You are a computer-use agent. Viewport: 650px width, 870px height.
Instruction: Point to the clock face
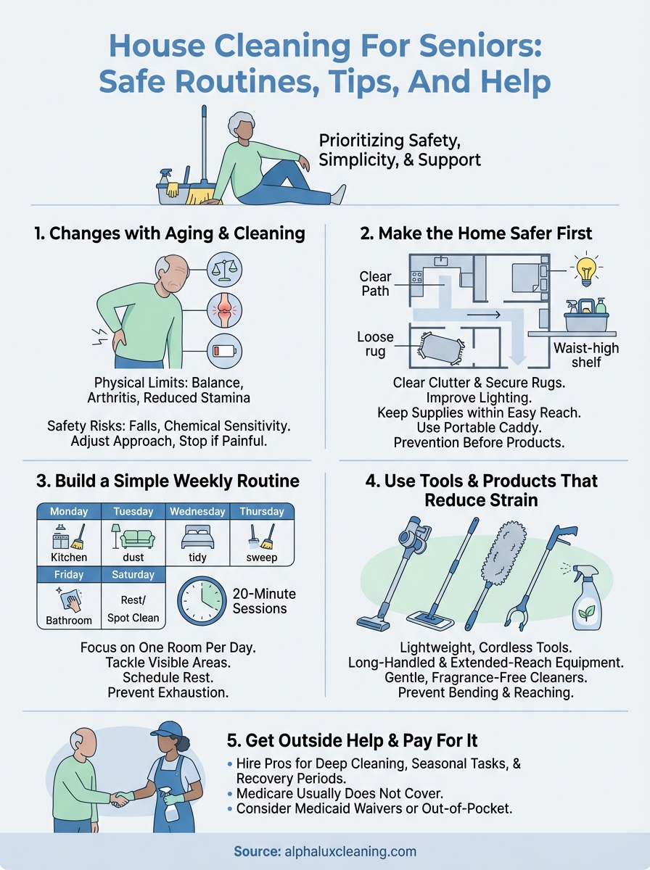tap(201, 601)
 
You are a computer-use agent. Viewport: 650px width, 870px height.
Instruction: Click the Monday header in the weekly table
tap(68, 511)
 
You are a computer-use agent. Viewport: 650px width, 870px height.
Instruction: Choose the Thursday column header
tap(262, 511)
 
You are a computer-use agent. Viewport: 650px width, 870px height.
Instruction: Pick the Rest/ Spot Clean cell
tap(133, 608)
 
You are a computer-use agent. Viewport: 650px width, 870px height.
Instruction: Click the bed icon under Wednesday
tap(197, 539)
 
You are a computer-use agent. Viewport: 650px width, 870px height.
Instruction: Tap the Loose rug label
tap(375, 344)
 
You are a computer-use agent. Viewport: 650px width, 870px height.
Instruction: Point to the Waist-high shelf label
tap(585, 355)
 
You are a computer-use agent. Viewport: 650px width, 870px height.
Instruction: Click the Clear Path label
tap(375, 283)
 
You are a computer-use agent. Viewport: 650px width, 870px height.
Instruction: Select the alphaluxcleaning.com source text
tap(347, 851)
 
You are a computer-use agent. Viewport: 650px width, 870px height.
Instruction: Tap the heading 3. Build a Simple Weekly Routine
tap(167, 481)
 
